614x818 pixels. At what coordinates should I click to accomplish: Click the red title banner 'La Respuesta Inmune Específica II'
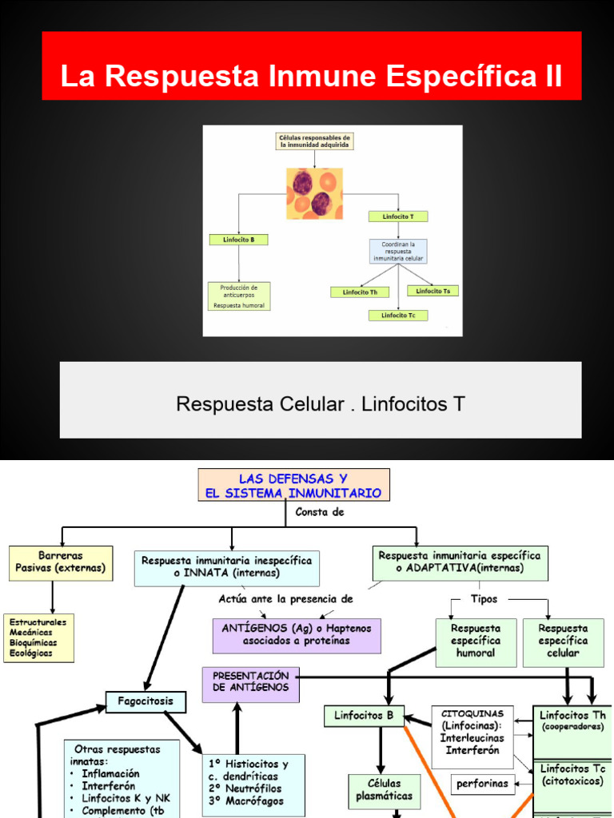(312, 77)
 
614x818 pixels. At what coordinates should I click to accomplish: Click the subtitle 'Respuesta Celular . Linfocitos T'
(321, 403)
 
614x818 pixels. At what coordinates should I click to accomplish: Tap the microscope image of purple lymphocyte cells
(314, 193)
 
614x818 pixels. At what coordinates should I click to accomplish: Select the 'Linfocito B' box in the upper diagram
(238, 239)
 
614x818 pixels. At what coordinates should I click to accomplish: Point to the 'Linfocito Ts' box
(433, 291)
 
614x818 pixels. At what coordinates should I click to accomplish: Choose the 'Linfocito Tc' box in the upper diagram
(398, 316)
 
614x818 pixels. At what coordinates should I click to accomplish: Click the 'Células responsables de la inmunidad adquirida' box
(314, 141)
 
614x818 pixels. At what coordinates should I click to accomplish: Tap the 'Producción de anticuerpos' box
(238, 296)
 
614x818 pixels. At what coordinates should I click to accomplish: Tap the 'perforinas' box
(482, 784)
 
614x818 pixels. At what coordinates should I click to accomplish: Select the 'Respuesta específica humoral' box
(475, 641)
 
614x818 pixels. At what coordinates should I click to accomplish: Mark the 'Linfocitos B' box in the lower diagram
(364, 716)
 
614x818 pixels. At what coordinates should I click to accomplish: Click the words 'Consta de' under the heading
(320, 513)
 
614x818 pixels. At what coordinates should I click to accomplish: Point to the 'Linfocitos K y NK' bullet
(125, 798)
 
